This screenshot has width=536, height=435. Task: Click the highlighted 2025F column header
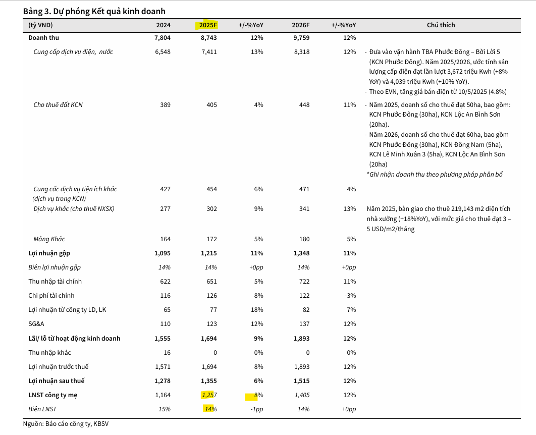point(208,25)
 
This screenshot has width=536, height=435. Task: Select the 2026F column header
point(301,25)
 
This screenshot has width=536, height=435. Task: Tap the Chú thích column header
point(441,25)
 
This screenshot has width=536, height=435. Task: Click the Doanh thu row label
point(44,38)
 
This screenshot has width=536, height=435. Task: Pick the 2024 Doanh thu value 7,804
point(163,38)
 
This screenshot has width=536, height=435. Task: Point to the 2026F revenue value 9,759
point(301,38)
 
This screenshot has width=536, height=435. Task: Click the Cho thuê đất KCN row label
point(58,105)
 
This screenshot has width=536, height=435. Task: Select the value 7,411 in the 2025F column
point(208,52)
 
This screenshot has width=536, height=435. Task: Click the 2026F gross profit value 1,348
point(301,253)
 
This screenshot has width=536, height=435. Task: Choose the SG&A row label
point(37,324)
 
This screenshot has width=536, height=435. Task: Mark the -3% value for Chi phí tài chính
point(350,296)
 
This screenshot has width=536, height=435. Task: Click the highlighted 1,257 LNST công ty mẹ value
point(208,395)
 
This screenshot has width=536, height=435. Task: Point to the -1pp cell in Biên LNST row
point(256,409)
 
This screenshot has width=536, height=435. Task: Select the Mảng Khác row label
point(49,239)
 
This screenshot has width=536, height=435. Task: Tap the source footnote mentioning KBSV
point(66,424)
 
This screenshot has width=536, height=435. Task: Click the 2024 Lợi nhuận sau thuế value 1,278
point(163,381)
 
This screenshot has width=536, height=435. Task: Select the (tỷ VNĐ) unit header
point(41,25)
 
